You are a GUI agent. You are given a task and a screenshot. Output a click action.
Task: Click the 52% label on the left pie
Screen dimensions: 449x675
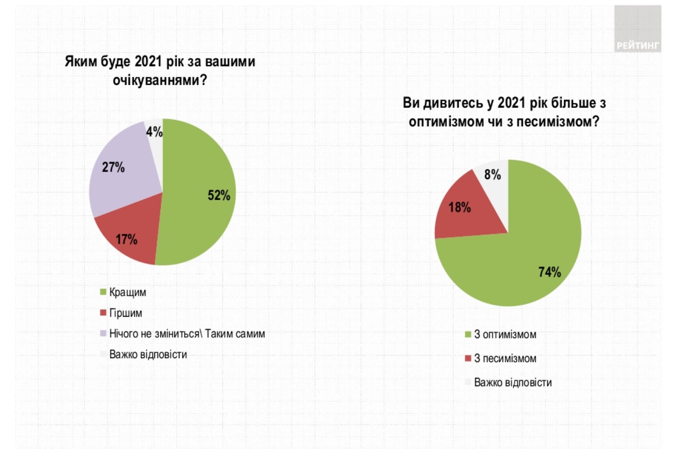[219, 195]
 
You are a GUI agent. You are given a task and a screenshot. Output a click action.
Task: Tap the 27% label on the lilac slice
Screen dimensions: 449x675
[113, 167]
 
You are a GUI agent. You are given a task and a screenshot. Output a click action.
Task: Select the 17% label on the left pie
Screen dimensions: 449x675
[126, 239]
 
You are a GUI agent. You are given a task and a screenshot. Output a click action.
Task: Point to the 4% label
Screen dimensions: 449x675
[154, 132]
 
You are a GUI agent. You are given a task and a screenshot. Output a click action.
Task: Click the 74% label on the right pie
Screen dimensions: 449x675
[550, 272]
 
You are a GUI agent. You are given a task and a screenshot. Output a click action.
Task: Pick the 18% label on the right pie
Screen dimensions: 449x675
[460, 207]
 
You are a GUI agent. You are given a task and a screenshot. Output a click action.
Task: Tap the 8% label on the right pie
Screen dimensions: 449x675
[492, 175]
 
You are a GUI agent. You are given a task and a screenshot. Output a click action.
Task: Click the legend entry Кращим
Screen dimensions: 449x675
[127, 293]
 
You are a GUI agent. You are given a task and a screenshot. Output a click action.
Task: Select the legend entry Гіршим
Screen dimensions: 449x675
[125, 313]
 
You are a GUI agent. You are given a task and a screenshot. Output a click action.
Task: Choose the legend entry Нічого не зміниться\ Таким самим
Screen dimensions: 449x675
[187, 334]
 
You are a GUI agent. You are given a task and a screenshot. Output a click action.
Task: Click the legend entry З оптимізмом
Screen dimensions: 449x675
[505, 334]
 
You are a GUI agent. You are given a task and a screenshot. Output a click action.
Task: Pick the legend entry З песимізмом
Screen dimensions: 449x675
[505, 359]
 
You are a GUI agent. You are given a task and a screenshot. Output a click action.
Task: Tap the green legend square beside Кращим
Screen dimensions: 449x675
[103, 292]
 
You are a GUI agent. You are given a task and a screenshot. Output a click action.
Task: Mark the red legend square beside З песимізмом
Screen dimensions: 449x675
[468, 358]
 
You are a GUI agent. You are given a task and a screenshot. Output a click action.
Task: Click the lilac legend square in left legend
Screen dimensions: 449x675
[103, 333]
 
